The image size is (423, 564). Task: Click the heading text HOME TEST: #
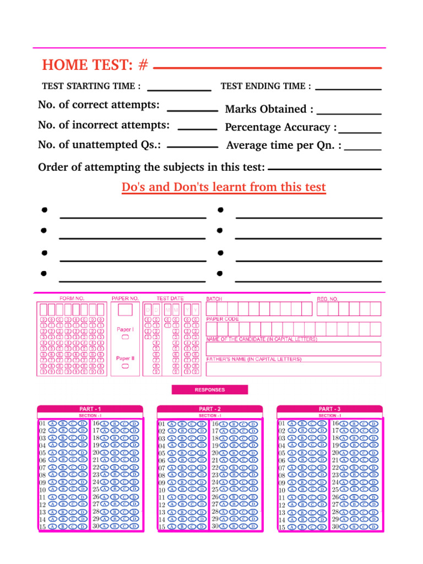[95, 65]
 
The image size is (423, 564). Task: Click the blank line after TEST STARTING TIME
[179, 89]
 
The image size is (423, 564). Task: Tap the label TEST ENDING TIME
[265, 86]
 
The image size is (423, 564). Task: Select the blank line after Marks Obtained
[349, 113]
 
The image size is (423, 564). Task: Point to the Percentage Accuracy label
[280, 127]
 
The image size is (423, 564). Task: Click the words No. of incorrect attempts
[104, 125]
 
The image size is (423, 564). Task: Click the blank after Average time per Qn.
[362, 149]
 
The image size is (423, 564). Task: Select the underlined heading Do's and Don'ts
[224, 187]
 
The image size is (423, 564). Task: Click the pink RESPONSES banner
[210, 389]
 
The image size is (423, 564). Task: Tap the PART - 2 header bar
[210, 409]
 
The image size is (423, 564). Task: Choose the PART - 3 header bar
[329, 409]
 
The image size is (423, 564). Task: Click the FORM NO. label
[72, 299]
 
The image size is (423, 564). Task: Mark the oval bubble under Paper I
[125, 337]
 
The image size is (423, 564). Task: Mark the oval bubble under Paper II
[125, 365]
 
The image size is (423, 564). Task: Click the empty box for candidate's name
[293, 349]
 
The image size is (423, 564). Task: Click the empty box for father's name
[293, 368]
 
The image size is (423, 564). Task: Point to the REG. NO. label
[328, 299]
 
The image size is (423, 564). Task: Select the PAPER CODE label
[223, 319]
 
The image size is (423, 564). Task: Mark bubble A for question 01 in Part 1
[52, 424]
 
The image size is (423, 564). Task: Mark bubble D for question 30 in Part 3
[373, 527]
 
